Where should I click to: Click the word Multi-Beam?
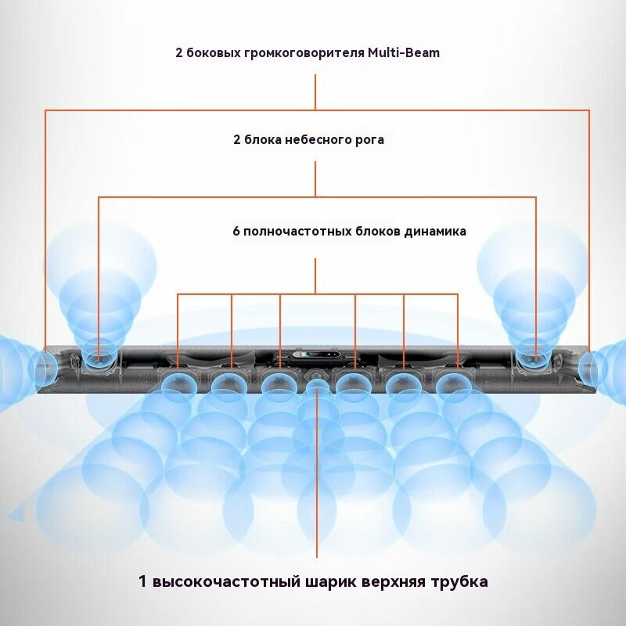[404, 53]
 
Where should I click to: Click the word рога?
[370, 140]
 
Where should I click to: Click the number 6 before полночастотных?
[236, 232]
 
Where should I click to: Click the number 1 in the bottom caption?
[142, 582]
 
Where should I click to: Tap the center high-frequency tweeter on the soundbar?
[317, 384]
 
